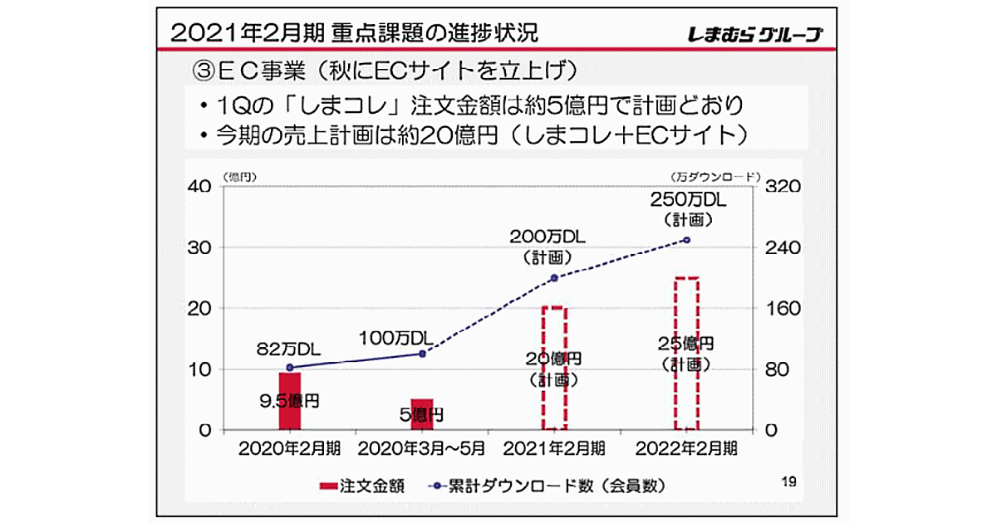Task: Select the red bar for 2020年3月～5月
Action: (422, 414)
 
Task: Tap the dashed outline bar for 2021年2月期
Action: (554, 368)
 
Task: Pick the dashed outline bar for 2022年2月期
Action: (686, 354)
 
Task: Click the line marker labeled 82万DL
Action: (289, 367)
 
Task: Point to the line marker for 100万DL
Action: (422, 354)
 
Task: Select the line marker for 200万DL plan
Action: (554, 278)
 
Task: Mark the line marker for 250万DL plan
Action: (686, 240)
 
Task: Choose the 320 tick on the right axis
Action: (783, 187)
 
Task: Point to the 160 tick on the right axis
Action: (783, 309)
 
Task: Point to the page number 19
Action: (790, 481)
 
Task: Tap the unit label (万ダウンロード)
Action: (715, 176)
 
